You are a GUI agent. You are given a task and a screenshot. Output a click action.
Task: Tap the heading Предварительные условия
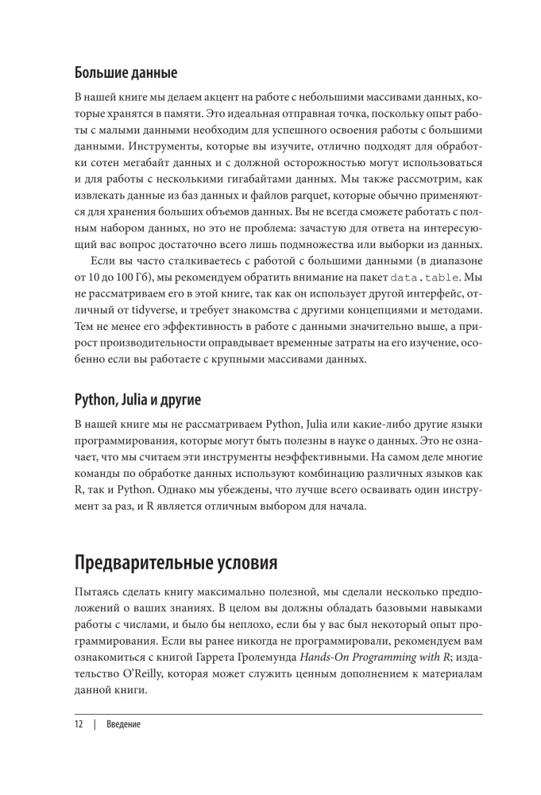point(176,564)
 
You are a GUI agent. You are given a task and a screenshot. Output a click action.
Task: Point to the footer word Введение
point(124,725)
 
